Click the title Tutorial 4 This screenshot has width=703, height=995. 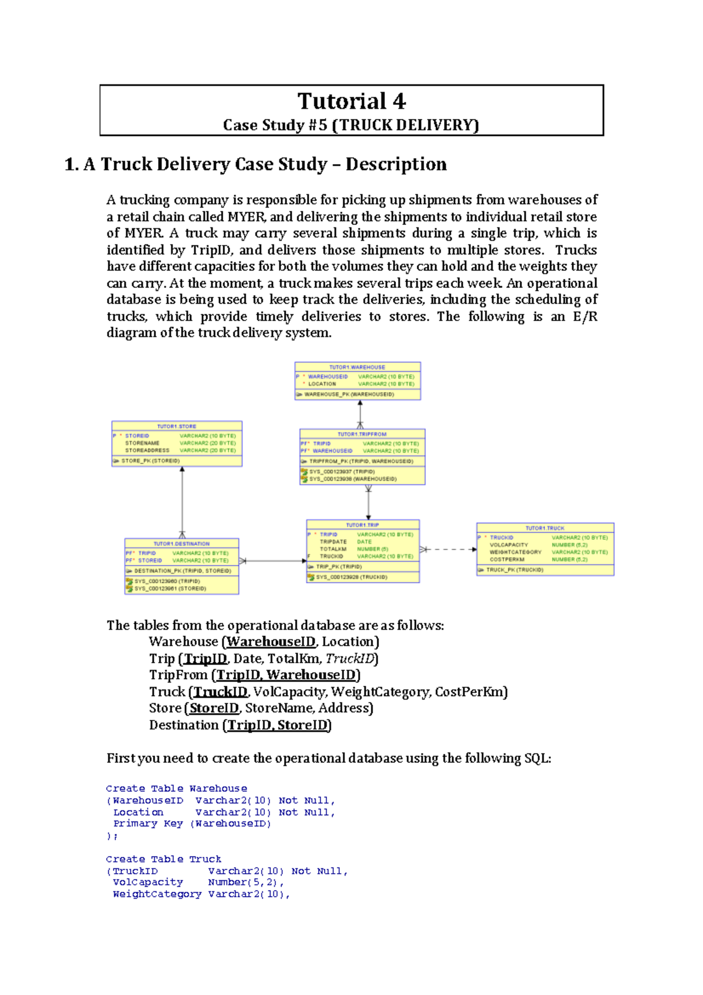[351, 101]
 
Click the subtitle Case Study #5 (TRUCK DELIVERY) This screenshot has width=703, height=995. [351, 125]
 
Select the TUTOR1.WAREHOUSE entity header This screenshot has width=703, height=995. [357, 367]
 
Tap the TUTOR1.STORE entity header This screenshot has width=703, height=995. [176, 426]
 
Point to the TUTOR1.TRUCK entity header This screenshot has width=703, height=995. [545, 528]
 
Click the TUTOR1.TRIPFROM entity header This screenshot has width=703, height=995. [362, 434]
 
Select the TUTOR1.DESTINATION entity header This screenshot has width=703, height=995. [181, 544]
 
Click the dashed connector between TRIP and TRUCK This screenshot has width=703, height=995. [448, 550]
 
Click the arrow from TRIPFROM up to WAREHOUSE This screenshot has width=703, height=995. [360, 413]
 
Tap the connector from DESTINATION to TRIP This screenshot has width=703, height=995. [272, 561]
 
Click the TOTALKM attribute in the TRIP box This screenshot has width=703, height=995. [333, 549]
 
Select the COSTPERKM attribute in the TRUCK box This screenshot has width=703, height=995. [507, 560]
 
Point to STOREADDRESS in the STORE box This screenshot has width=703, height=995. [147, 451]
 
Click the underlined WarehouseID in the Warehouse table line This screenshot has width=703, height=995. [271, 642]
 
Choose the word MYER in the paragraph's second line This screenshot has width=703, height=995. [246, 217]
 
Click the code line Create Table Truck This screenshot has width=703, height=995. [163, 859]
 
